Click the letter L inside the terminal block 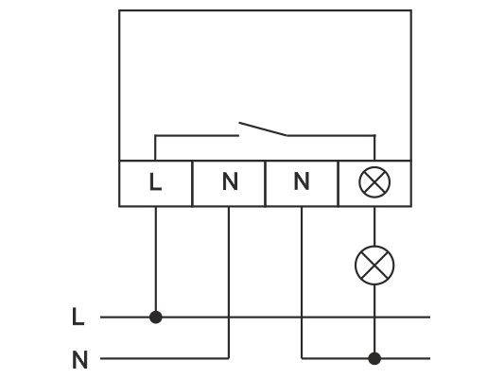[156, 181]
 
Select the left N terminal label [230, 181]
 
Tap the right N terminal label [302, 181]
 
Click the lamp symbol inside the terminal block [374, 182]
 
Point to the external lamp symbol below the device [374, 266]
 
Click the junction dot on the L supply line [156, 317]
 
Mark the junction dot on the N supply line [374, 358]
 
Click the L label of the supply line [78, 317]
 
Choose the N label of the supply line [80, 360]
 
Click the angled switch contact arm [263, 129]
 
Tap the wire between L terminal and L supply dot [156, 259]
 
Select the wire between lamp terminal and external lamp [374, 226]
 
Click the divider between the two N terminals [265, 183]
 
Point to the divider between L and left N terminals [192, 183]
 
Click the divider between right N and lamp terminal [339, 183]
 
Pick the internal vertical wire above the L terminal [155, 147]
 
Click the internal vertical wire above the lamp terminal [374, 147]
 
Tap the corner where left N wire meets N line [229, 358]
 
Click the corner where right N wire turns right [302, 358]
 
